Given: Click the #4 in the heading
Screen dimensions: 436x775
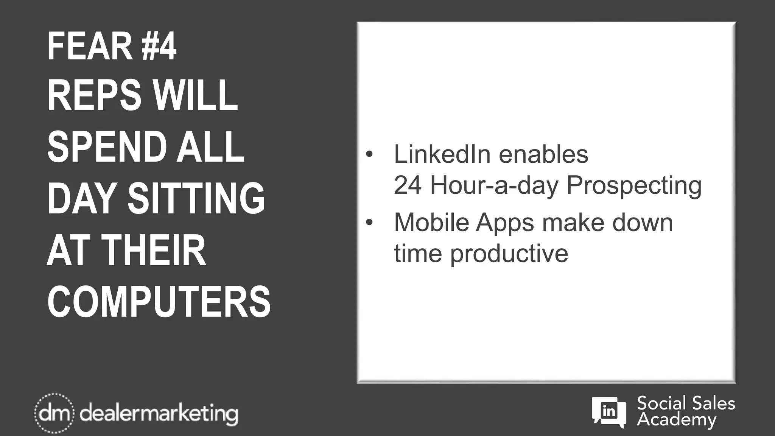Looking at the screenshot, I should [x=159, y=47].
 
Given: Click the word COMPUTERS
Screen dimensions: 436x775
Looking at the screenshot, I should [x=159, y=302].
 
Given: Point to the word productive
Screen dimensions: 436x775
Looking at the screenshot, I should [x=509, y=254].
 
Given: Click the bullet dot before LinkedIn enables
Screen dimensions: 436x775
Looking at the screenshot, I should [x=369, y=154].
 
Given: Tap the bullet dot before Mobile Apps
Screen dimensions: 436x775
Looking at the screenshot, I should [x=369, y=222].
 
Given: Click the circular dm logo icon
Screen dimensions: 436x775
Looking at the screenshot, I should [x=54, y=413].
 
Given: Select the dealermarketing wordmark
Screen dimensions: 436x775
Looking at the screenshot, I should [x=159, y=414].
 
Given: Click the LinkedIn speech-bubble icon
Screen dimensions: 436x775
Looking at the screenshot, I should [x=608, y=412].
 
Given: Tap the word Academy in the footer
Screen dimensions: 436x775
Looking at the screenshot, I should [x=677, y=420].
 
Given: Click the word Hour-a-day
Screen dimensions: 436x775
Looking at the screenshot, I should [x=494, y=186].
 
